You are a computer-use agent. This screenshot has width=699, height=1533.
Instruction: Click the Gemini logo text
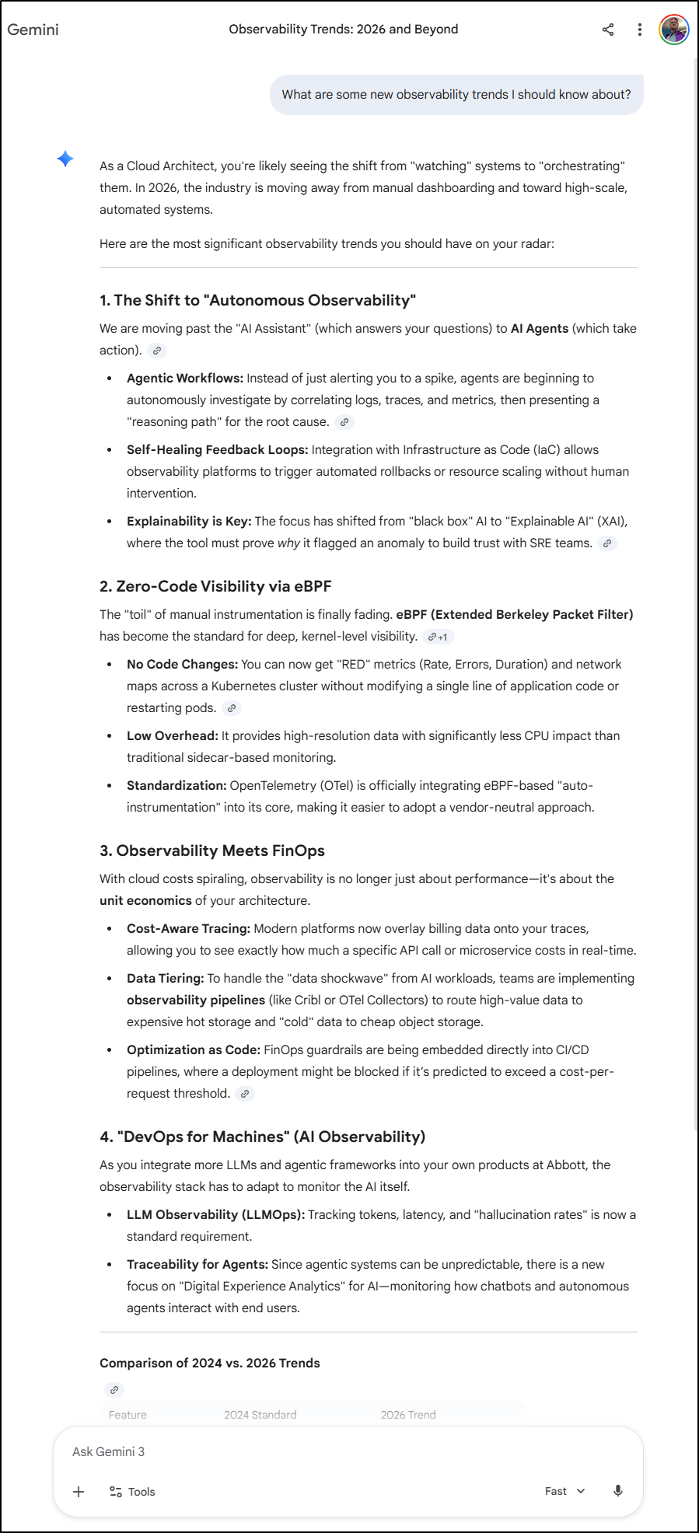[x=33, y=30]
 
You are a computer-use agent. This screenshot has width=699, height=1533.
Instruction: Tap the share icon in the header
[x=608, y=30]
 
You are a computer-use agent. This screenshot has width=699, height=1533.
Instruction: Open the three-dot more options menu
[x=639, y=30]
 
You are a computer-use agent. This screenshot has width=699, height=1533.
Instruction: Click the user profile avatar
[x=673, y=30]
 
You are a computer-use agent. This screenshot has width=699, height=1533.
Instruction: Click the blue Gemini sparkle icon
[x=65, y=159]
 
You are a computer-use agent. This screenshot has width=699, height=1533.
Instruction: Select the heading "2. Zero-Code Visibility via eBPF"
[x=215, y=586]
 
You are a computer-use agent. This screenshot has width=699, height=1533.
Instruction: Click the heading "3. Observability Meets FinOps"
[x=211, y=850]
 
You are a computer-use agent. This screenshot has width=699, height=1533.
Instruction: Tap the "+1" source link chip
[x=438, y=637]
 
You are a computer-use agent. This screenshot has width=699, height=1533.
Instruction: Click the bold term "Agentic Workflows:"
[x=185, y=378]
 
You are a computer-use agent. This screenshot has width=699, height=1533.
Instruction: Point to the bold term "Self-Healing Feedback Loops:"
[x=217, y=449]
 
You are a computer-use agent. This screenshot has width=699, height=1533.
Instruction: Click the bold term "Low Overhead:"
[x=173, y=735]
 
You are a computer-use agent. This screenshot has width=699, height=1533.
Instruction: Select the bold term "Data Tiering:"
[x=166, y=978]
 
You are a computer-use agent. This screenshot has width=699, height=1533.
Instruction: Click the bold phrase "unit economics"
[x=145, y=900]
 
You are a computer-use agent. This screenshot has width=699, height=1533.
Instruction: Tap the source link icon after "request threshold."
[x=245, y=1094]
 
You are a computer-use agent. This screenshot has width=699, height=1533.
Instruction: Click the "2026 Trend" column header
[x=408, y=1415]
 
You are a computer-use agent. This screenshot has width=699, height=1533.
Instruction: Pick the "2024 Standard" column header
[x=260, y=1415]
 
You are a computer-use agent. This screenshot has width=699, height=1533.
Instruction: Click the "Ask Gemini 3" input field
[x=311, y=1451]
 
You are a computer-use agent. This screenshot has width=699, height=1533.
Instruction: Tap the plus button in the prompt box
[x=79, y=1491]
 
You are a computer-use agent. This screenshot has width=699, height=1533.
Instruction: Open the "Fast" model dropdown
[x=564, y=1491]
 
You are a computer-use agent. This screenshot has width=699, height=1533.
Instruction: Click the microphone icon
[x=618, y=1491]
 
